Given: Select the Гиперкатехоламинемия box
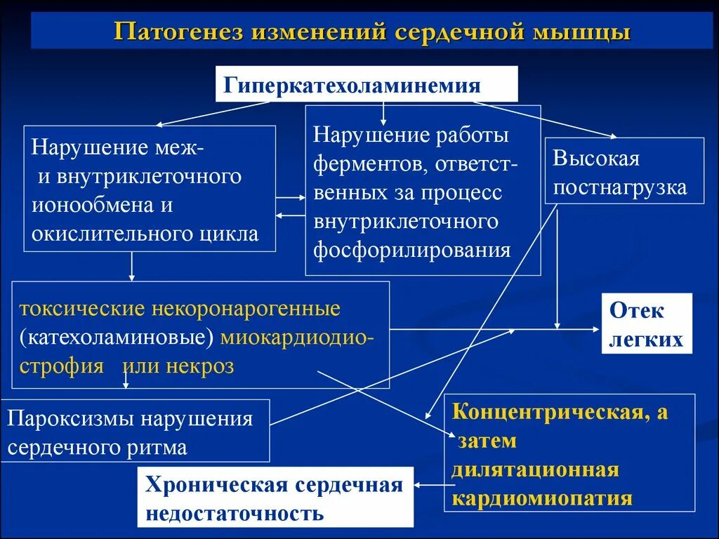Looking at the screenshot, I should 366,84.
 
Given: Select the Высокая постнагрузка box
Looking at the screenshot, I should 624,171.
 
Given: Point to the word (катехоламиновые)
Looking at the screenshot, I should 117,338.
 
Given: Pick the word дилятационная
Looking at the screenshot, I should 535,470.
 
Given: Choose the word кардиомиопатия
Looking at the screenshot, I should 541,498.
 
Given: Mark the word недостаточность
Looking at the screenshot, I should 235,513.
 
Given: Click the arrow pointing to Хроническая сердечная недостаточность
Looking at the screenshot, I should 430,484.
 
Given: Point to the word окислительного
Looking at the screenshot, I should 101,234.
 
